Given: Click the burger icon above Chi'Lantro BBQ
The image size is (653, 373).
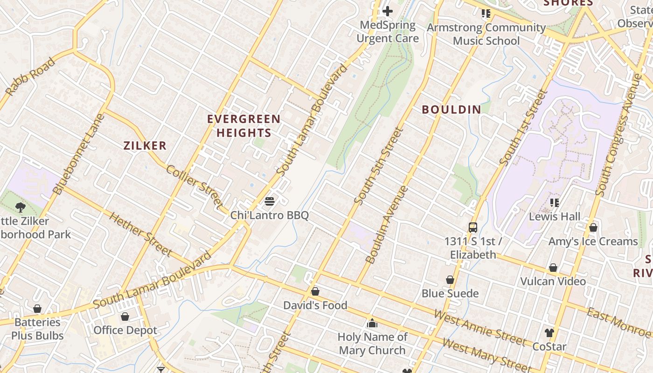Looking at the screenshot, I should [x=270, y=201].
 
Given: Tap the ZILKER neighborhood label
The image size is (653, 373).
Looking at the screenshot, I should [x=145, y=145].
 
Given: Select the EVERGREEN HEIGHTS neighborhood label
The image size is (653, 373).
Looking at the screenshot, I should [x=243, y=126].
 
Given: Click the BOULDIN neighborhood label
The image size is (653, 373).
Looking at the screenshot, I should [x=451, y=110].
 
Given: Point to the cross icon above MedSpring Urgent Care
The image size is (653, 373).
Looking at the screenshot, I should [x=388, y=11].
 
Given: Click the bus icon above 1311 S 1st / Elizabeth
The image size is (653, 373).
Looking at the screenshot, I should [x=473, y=228].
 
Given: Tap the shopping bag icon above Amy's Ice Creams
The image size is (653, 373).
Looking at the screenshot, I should [x=593, y=228].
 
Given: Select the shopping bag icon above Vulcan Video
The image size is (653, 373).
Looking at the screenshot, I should [x=553, y=268].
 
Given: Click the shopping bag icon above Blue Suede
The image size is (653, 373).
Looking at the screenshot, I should [x=450, y=280].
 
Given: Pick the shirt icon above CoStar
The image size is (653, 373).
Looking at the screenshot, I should [x=549, y=333].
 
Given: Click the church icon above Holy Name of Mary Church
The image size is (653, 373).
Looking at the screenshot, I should [x=372, y=323].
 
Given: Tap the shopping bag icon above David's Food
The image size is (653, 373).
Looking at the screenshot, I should [x=315, y=291].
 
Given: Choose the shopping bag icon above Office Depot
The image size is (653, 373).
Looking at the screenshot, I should [x=125, y=317].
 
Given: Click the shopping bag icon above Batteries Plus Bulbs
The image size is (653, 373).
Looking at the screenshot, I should [x=37, y=309].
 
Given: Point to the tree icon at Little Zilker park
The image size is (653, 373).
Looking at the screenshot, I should [x=20, y=207].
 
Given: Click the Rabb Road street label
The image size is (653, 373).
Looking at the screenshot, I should [x=30, y=76].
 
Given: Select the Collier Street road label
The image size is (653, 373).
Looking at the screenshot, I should [x=195, y=186].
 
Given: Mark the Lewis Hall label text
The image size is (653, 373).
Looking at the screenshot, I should [x=554, y=216].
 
